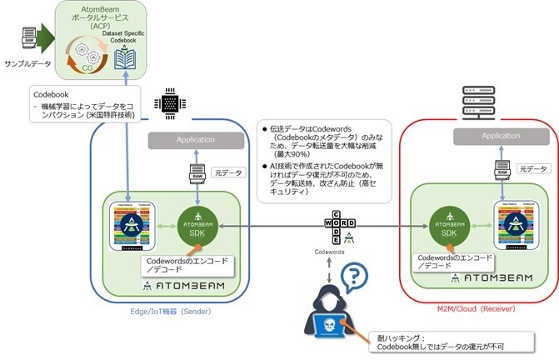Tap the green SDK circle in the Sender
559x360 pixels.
coord(197,223)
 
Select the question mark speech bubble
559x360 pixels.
coord(356,274)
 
